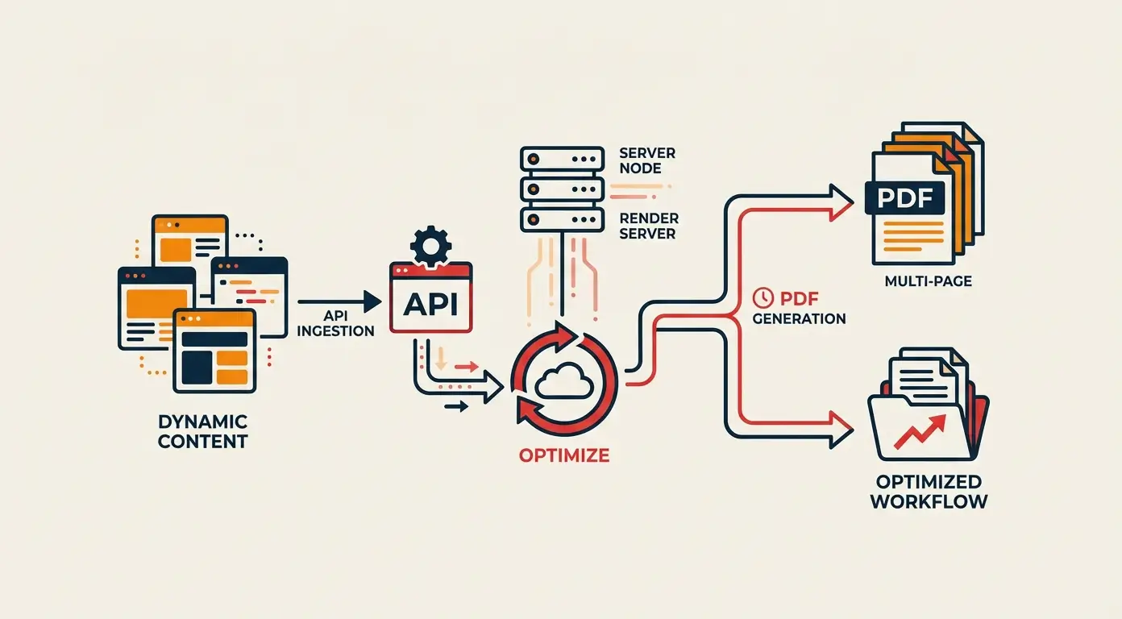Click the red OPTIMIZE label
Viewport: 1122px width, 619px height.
563,455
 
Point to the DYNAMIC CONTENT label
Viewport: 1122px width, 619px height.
202,432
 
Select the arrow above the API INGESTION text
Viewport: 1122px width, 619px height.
339,301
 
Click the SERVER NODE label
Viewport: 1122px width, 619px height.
646,160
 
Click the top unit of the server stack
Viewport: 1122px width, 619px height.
562,159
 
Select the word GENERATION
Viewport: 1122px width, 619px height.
799,318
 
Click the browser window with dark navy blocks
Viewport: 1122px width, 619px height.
214,350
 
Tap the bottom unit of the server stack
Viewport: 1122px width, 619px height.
562,219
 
